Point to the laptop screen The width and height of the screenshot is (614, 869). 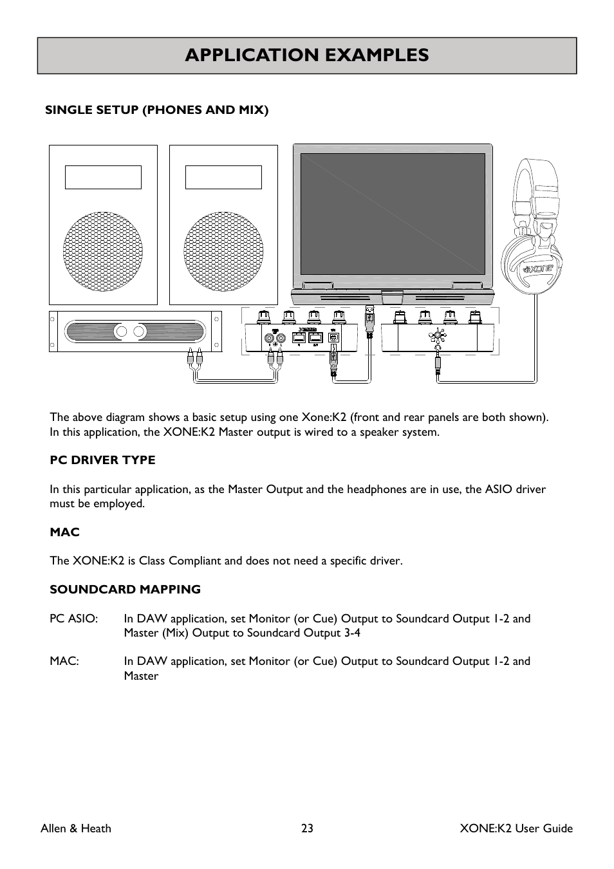point(393,214)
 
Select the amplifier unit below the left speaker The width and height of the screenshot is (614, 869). point(135,332)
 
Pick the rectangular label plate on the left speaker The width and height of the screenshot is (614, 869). point(103,177)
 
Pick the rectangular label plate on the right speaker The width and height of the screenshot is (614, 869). point(223,177)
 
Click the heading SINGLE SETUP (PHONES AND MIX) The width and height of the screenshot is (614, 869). point(156,110)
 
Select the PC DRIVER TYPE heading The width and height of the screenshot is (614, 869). point(102,460)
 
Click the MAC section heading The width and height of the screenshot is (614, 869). point(64,532)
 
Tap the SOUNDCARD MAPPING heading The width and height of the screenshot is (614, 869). point(125,590)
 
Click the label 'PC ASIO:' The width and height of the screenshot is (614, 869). point(73,619)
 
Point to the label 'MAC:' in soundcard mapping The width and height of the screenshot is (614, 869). point(64,661)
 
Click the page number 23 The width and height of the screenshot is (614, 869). point(307,828)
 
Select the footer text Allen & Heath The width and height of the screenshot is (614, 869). point(76,828)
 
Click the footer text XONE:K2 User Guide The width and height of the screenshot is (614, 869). point(516,828)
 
